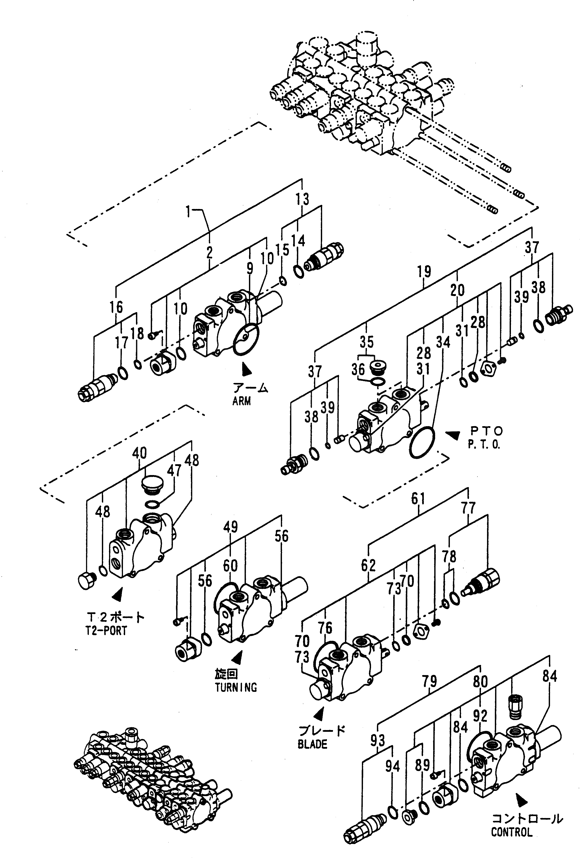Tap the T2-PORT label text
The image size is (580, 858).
[x=106, y=631]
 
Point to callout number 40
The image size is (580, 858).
[x=139, y=453]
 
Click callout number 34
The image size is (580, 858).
[x=443, y=343]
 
